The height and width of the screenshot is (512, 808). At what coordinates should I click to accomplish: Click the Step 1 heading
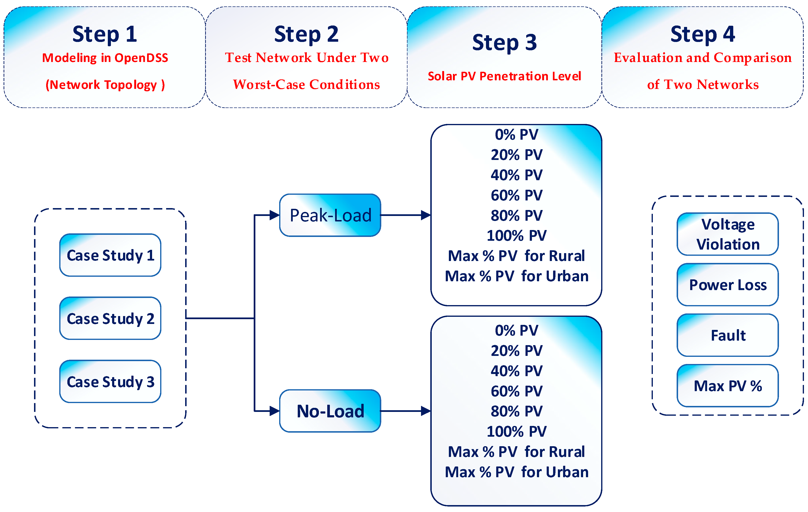[x=105, y=34]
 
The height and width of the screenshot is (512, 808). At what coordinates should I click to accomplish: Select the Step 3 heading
[x=504, y=43]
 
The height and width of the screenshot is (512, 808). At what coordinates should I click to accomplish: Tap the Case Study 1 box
[x=110, y=255]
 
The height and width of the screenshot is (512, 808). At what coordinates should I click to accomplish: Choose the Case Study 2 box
[x=110, y=318]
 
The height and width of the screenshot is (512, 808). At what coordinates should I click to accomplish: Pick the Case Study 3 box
[x=110, y=382]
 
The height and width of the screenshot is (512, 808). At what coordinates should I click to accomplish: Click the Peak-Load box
[x=330, y=215]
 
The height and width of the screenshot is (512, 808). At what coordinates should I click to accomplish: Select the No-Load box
[x=330, y=411]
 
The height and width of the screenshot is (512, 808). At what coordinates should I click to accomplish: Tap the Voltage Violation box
[x=728, y=234]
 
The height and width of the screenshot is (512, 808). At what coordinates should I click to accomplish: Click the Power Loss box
[x=728, y=285]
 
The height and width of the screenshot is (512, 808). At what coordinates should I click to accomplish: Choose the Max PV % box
[x=728, y=386]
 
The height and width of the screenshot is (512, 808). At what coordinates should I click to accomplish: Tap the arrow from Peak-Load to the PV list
[x=406, y=215]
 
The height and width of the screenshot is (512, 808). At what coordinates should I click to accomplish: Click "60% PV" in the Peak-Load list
[x=516, y=195]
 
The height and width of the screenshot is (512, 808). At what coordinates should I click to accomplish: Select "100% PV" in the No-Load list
[x=516, y=431]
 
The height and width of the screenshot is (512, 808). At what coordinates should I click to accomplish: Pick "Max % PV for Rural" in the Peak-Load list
[x=516, y=256]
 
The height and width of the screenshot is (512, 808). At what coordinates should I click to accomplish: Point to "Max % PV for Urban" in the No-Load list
[x=516, y=472]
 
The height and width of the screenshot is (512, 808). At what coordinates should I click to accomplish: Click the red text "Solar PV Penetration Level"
[x=504, y=76]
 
